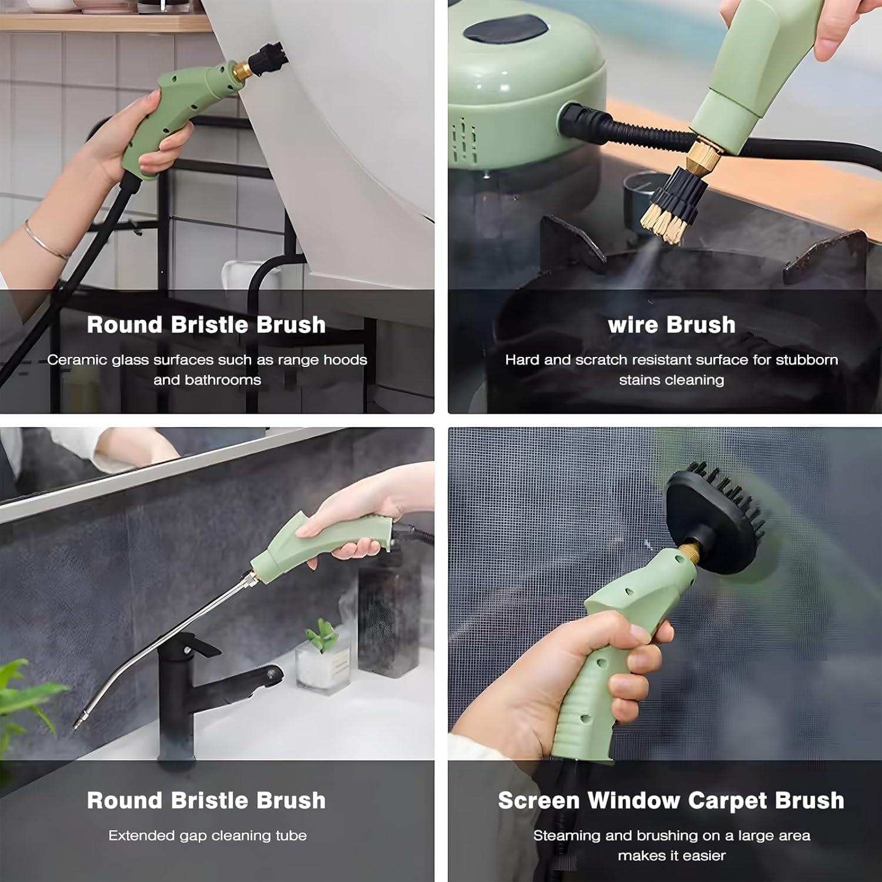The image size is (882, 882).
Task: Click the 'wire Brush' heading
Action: pyautogui.click(x=671, y=325)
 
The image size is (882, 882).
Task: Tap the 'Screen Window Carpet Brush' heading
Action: pyautogui.click(x=671, y=800)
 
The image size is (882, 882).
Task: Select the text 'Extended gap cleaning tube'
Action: pyautogui.click(x=208, y=836)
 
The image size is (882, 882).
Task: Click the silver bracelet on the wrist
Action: pyautogui.click(x=44, y=241)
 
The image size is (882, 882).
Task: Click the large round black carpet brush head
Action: pyautogui.click(x=714, y=517)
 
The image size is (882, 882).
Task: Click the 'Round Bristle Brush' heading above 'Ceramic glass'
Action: pyautogui.click(x=206, y=325)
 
